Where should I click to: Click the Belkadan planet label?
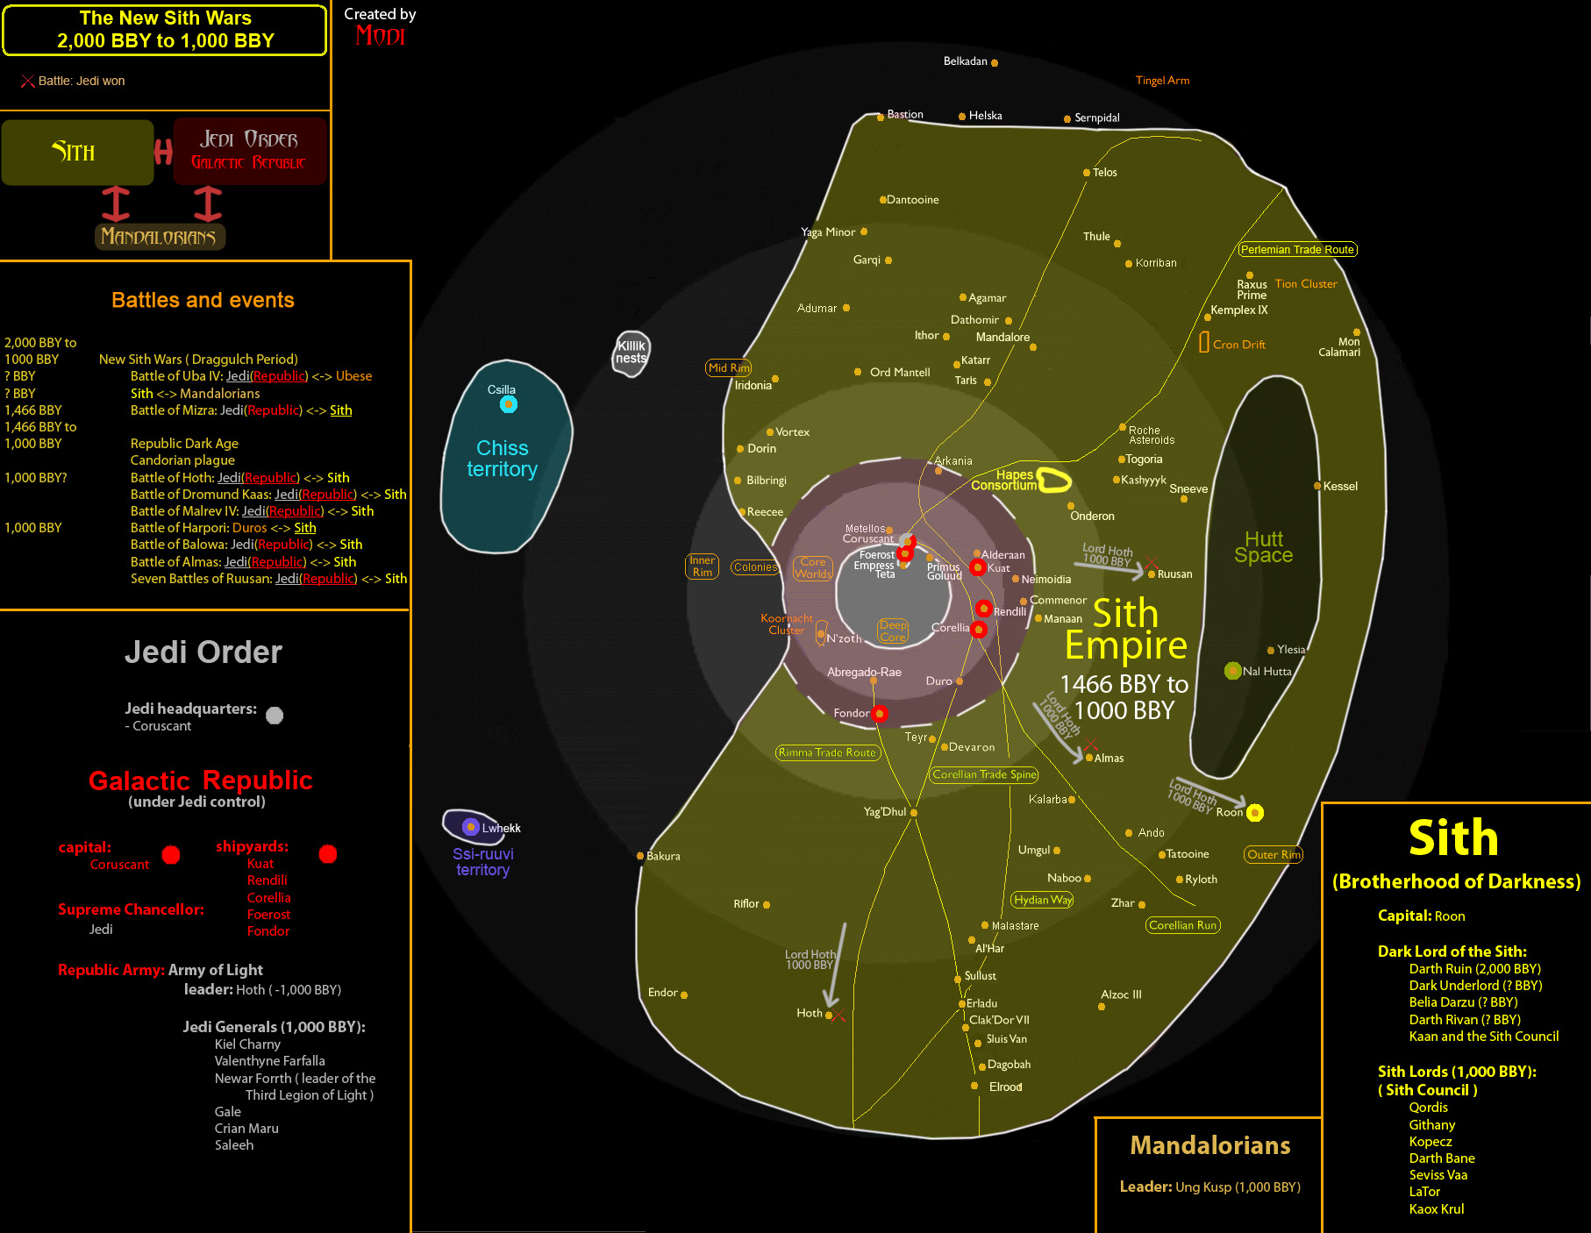coord(965,61)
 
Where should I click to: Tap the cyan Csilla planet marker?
coord(509,404)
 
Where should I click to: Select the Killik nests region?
coord(631,353)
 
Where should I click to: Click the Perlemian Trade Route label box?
coord(1297,250)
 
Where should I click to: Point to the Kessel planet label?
coord(1340,487)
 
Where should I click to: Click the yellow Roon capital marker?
coord(1255,813)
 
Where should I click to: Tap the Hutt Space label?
coord(1263,547)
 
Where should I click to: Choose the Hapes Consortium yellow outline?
coord(1054,480)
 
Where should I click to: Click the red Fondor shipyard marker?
coord(880,714)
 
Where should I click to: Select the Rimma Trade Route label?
coord(827,752)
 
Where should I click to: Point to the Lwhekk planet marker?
coord(470,827)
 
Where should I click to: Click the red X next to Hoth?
coord(838,1016)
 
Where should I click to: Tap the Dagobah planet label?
coord(1009,1065)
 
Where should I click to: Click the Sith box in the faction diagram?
coord(77,153)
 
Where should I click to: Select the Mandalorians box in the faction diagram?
coord(159,237)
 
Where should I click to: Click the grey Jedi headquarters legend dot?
coord(275,716)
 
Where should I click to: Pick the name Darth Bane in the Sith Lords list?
coord(1441,1158)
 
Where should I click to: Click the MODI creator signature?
coord(380,36)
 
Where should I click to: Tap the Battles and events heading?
coord(203,300)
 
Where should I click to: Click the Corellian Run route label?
coord(1182,925)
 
